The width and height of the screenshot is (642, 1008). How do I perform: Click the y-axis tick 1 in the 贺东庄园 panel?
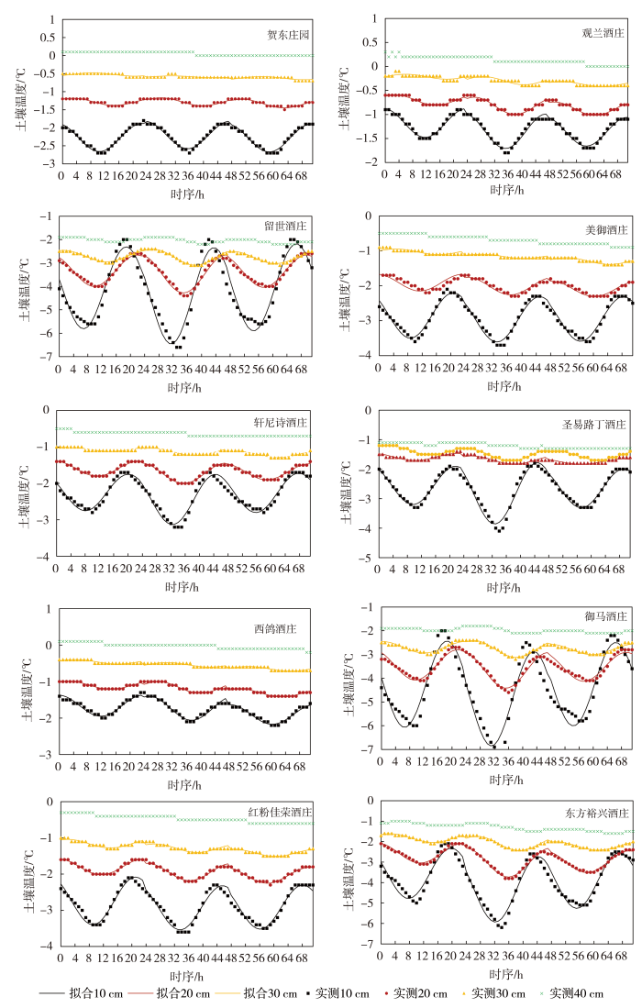coord(51,19)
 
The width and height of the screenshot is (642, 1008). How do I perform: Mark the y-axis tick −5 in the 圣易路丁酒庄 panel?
coord(370,558)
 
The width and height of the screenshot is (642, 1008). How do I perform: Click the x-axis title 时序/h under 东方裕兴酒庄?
coord(506,975)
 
